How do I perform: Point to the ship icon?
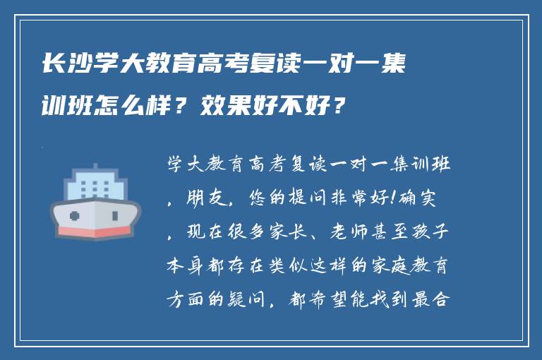(95, 201)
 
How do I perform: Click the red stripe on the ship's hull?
(95, 231)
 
